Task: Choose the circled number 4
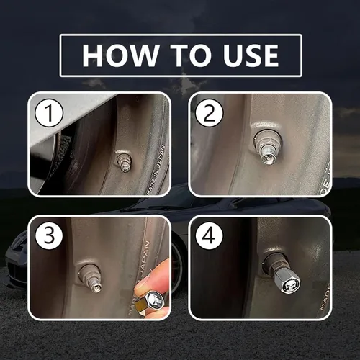pyautogui.click(x=208, y=235)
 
